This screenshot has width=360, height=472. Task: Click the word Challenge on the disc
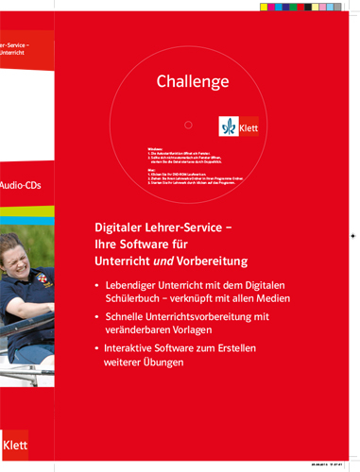pos(193,81)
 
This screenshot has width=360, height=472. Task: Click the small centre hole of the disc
pos(188,125)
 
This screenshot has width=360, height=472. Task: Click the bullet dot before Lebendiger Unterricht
pos(99,285)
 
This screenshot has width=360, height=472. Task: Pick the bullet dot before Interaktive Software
pos(99,349)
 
